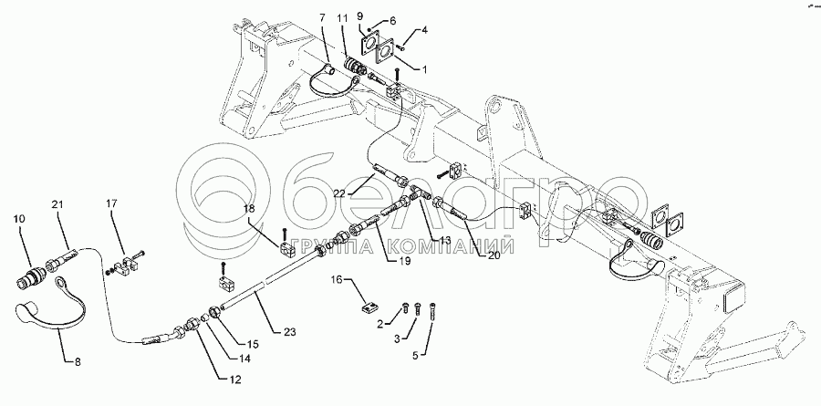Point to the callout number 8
tap(78, 361)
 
